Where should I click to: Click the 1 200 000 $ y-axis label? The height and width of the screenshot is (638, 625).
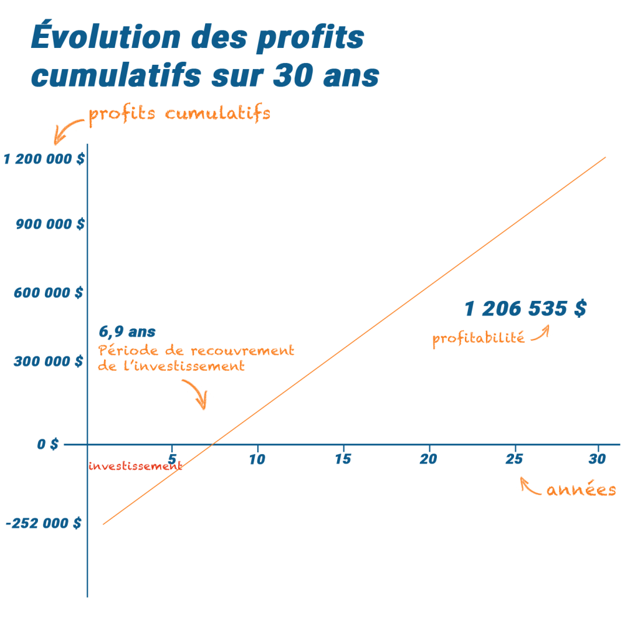pos(44,159)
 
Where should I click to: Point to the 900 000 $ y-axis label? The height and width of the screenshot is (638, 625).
pos(50,225)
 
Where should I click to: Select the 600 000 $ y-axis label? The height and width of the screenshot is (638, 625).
pos(49,293)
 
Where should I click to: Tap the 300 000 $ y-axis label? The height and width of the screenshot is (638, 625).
pos(49,361)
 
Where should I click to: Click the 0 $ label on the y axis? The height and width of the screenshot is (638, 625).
pos(48,445)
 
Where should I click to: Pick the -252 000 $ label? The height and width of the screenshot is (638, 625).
pos(44,524)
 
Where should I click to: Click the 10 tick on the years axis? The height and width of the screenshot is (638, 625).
pos(257,460)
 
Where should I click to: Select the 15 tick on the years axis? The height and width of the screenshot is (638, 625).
pos(343,460)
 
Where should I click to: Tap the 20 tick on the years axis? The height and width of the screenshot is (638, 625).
pos(429,460)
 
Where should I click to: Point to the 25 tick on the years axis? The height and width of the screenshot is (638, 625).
pos(515,460)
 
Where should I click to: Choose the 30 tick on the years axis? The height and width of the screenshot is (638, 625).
pos(598,460)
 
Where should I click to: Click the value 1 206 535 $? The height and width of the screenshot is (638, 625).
pos(525,309)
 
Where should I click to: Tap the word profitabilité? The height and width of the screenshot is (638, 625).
pos(479,339)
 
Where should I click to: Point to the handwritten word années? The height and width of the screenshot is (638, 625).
pos(581,490)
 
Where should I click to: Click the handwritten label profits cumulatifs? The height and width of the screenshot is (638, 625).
pos(179,115)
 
